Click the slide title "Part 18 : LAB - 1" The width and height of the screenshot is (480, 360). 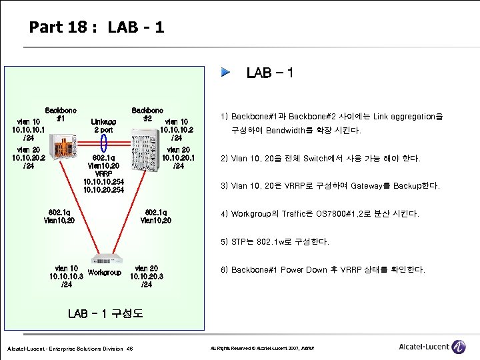click(x=97, y=27)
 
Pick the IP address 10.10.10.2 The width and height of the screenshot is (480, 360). click(x=177, y=129)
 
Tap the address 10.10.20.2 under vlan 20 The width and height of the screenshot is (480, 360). click(x=28, y=157)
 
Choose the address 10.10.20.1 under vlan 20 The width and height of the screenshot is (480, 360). click(x=177, y=157)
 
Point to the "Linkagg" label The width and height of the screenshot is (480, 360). click(x=103, y=121)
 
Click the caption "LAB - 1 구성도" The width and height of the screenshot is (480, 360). click(x=105, y=313)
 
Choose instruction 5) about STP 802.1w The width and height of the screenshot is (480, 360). click(x=280, y=241)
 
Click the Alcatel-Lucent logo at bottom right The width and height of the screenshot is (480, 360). click(x=433, y=347)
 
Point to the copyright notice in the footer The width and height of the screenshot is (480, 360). click(x=267, y=349)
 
